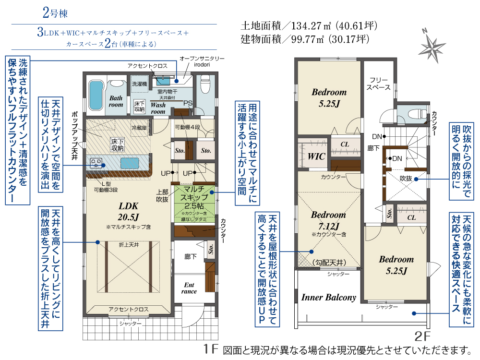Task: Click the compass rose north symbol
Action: [x=433, y=47]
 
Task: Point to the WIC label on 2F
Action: [x=316, y=156]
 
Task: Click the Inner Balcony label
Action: [x=329, y=298]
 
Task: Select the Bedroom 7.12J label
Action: [x=328, y=220]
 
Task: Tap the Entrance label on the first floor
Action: [x=189, y=288]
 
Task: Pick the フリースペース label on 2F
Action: [x=378, y=84]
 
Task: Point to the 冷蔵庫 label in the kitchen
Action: [x=139, y=128]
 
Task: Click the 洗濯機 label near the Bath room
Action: [x=139, y=83]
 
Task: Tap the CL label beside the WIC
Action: [x=345, y=144]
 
